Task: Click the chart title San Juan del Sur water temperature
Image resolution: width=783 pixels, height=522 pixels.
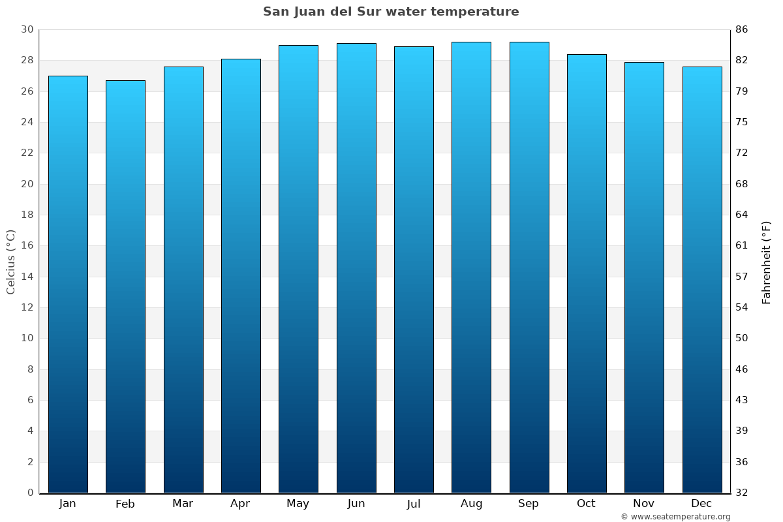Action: (x=391, y=12)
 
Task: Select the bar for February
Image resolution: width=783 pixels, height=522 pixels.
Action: (x=125, y=286)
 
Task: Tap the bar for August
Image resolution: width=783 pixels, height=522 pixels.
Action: (x=471, y=268)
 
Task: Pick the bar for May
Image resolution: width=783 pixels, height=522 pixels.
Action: (x=298, y=269)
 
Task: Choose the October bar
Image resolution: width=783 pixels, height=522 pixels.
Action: (x=587, y=273)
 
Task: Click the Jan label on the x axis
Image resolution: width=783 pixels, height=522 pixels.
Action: (x=68, y=504)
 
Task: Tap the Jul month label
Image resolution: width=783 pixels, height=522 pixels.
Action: (x=414, y=504)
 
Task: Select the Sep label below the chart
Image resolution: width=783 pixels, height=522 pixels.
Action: (x=529, y=504)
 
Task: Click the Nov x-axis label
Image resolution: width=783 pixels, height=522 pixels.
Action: (x=644, y=504)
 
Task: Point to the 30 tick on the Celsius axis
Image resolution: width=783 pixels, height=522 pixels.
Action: (x=27, y=29)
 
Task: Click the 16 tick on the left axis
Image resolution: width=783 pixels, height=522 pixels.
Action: (x=27, y=246)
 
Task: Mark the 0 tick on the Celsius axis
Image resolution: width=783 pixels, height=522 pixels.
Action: (x=30, y=493)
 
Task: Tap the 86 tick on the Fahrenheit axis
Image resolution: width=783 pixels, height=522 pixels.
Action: (x=742, y=29)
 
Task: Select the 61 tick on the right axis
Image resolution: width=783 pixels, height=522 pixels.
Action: (x=742, y=246)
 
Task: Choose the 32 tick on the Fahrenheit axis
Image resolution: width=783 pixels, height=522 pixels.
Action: (x=742, y=493)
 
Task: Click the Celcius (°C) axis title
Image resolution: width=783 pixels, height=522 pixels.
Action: (x=11, y=262)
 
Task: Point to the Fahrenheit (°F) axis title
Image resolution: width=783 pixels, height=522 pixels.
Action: (x=767, y=262)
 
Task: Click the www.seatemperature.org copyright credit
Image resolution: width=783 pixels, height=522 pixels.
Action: (x=675, y=517)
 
